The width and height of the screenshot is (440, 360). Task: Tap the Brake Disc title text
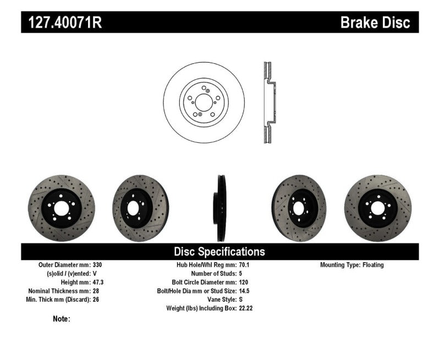point(375,23)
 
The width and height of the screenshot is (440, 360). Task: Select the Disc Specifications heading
point(219,252)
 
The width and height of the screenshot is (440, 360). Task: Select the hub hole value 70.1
point(245,265)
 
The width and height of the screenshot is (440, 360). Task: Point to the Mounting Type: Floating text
point(352,265)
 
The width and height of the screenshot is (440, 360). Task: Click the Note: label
point(62,319)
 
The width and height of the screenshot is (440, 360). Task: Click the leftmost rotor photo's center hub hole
point(59,208)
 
